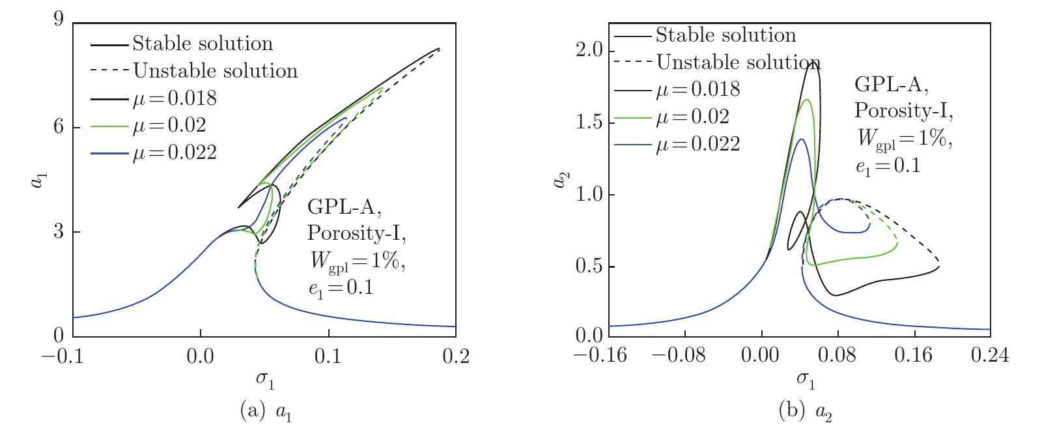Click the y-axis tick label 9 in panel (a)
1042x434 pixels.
[57, 22]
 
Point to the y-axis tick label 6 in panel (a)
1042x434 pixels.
[57, 126]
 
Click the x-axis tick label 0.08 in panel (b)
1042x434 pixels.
[838, 356]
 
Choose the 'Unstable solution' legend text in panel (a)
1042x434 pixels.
[215, 70]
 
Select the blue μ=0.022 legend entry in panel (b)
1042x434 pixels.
[697, 143]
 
